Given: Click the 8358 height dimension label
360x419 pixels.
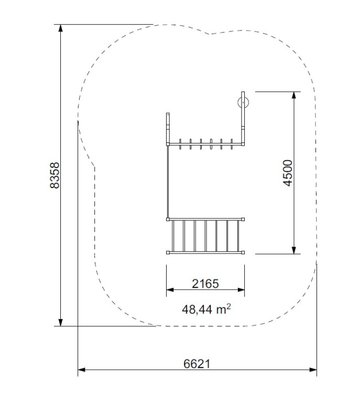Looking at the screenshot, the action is click(x=55, y=175).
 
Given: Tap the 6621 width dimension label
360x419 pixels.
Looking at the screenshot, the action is click(x=197, y=363).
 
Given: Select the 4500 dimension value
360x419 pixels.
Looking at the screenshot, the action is click(x=288, y=173).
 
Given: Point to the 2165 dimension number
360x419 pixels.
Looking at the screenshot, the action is click(x=205, y=283).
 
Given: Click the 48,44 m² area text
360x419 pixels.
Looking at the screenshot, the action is click(x=206, y=309).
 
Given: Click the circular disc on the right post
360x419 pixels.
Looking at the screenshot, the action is click(x=243, y=102).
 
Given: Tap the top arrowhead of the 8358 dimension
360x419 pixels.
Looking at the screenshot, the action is click(x=61, y=28).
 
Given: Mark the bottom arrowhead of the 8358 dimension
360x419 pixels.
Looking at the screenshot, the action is click(x=61, y=322).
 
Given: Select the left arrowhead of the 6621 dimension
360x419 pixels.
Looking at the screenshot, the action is click(x=82, y=370).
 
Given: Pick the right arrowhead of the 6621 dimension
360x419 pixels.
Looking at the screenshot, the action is click(x=313, y=370).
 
